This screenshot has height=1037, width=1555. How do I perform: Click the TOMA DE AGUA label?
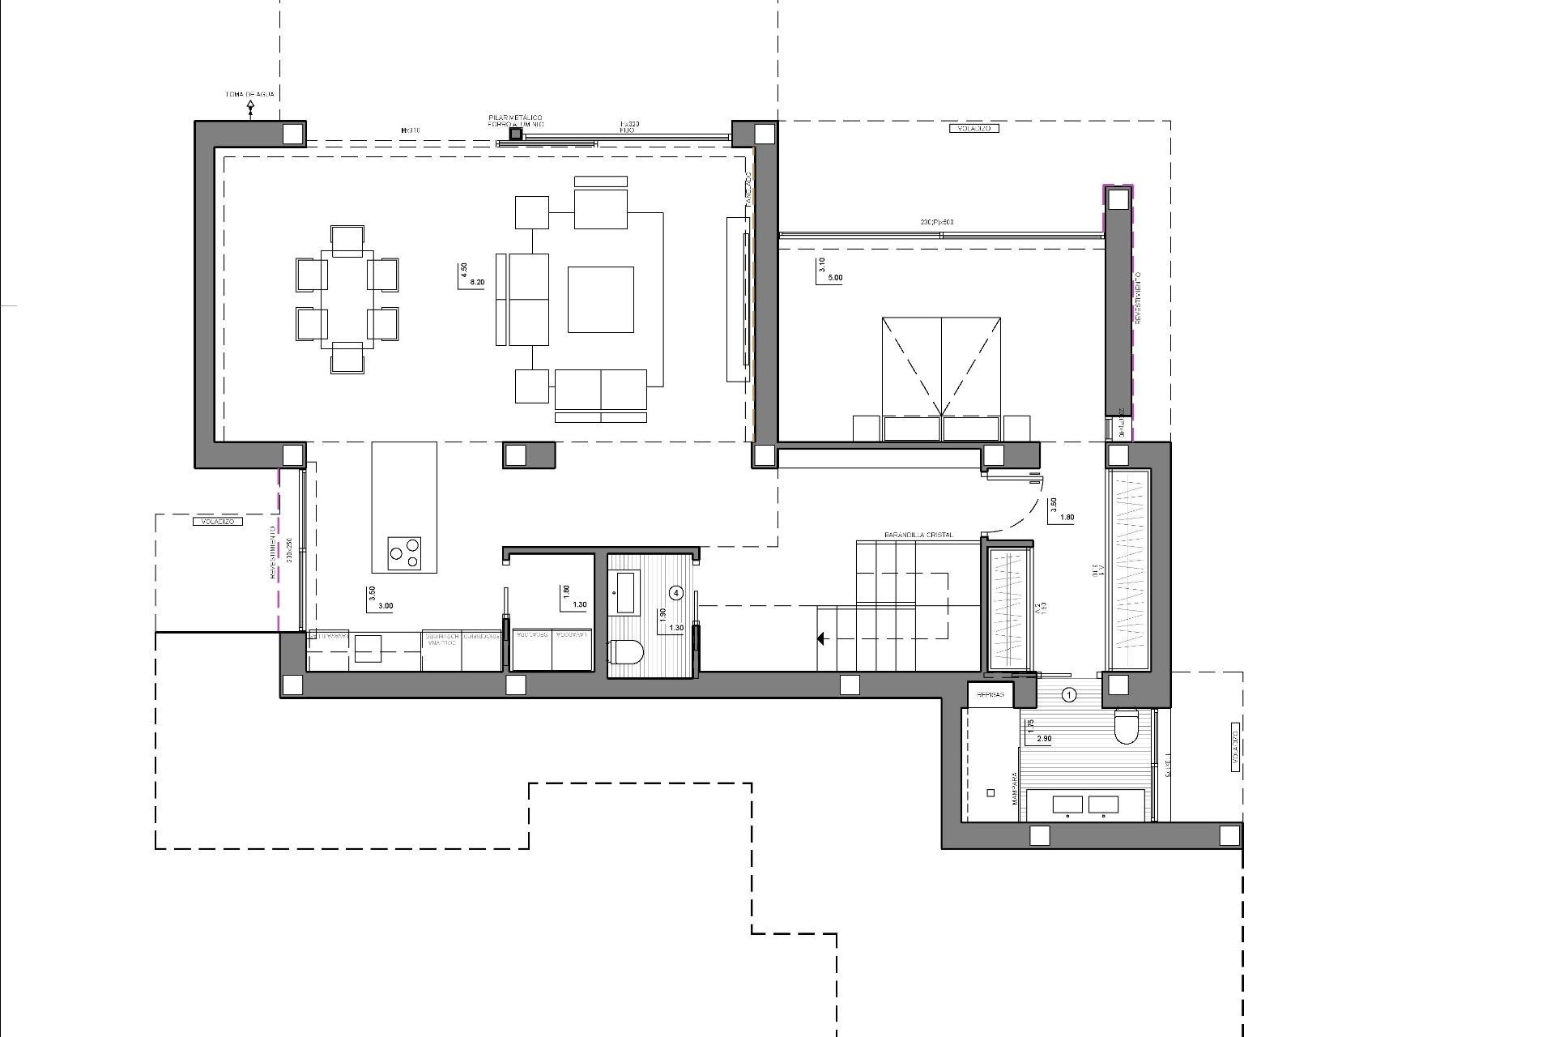click(x=249, y=95)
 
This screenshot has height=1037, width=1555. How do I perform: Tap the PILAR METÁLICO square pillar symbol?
click(x=516, y=134)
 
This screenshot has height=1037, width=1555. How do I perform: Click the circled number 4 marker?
click(x=677, y=593)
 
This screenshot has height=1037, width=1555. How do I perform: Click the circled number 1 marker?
click(x=1069, y=694)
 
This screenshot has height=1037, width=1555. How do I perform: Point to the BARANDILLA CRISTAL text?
click(x=918, y=536)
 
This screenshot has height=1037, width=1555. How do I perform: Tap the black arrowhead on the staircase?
click(x=820, y=639)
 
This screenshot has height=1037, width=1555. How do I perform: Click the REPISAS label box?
click(x=991, y=695)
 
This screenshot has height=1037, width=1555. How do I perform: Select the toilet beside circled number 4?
click(x=627, y=651)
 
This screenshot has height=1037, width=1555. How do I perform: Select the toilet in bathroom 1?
click(x=1127, y=726)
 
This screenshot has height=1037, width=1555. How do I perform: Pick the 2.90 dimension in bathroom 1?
click(x=1044, y=739)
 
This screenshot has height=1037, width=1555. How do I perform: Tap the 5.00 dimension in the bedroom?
click(x=834, y=278)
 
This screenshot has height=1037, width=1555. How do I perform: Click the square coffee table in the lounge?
click(x=600, y=300)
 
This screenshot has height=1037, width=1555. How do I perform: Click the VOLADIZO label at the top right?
click(x=973, y=129)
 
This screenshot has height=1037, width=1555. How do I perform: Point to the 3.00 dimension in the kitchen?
click(x=386, y=606)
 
